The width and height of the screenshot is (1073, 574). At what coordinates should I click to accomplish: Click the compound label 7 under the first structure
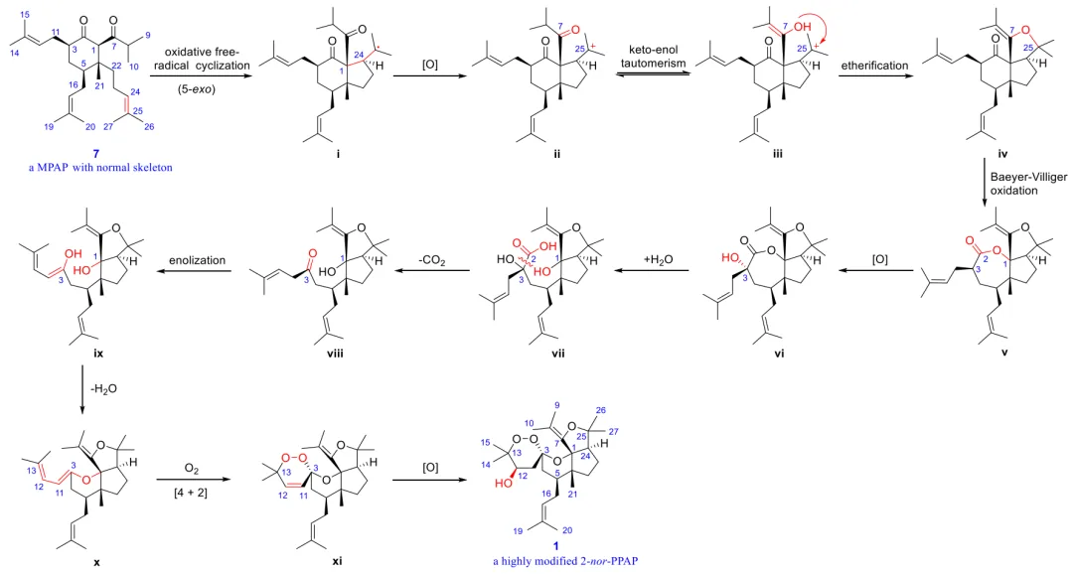pos(95,154)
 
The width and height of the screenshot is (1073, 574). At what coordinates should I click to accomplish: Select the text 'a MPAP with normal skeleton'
pos(100,167)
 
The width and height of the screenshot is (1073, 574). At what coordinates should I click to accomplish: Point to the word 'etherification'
pos(874,65)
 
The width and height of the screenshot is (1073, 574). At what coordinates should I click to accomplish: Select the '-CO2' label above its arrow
pos(433,260)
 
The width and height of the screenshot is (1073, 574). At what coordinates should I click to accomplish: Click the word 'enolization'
pos(198,260)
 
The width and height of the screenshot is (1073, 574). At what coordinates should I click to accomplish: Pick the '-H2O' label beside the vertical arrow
pos(102,388)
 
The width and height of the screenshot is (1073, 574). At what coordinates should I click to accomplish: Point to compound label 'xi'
pos(337,562)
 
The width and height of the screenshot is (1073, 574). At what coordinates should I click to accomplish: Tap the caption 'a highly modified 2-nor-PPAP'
pos(566,562)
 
